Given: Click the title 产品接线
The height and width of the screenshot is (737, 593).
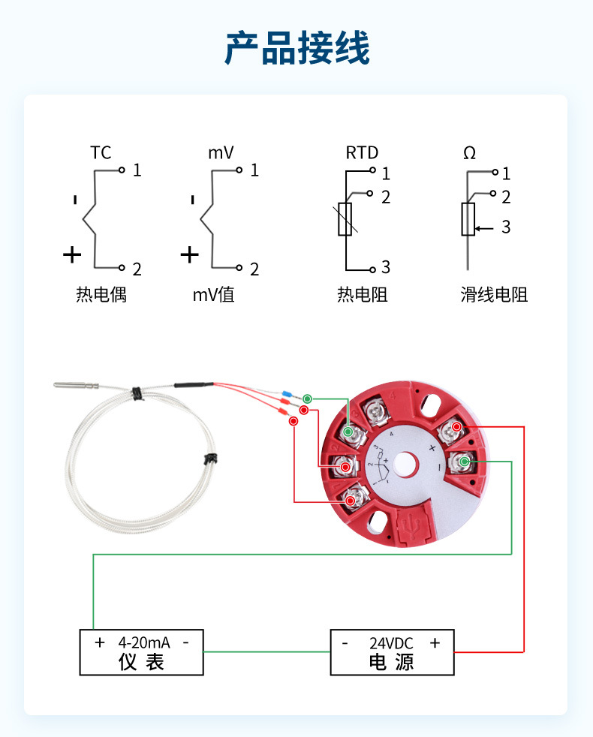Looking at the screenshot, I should pyautogui.click(x=296, y=50).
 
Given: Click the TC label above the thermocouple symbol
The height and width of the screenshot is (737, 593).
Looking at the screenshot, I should pyautogui.click(x=101, y=153).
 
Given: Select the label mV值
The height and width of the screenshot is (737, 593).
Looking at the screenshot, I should pyautogui.click(x=214, y=294).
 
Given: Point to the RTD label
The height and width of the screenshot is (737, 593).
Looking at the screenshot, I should pyautogui.click(x=362, y=153).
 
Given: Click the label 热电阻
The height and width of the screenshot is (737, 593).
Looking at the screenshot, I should pyautogui.click(x=362, y=294).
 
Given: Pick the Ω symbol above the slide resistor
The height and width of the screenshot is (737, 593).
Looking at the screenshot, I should pyautogui.click(x=469, y=153).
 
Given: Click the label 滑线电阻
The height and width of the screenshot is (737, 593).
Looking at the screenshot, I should pyautogui.click(x=494, y=294).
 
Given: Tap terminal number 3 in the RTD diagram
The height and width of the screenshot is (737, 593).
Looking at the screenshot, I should pyautogui.click(x=385, y=267).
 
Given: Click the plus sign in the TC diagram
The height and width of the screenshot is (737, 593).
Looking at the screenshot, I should pyautogui.click(x=72, y=255).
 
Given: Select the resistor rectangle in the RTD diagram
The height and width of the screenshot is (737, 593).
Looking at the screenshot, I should pyautogui.click(x=345, y=219).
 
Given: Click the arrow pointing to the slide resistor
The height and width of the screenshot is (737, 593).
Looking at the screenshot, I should pyautogui.click(x=484, y=226).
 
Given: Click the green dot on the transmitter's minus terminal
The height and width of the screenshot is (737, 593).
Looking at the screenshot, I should pyautogui.click(x=465, y=462).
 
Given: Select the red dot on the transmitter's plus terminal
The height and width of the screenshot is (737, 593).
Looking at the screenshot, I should pyautogui.click(x=456, y=428).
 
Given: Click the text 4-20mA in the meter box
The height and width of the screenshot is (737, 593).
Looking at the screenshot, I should pyautogui.click(x=143, y=642).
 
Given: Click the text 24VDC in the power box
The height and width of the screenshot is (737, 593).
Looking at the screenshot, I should pyautogui.click(x=391, y=642).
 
